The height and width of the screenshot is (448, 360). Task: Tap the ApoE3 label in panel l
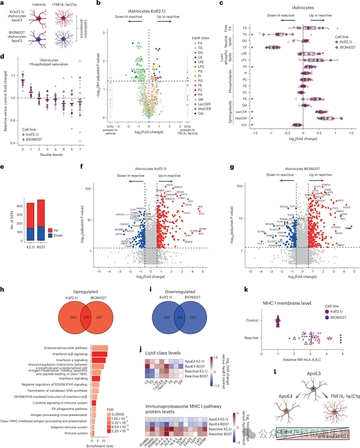point(302,389)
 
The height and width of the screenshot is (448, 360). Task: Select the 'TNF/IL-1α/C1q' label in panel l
point(336,411)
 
